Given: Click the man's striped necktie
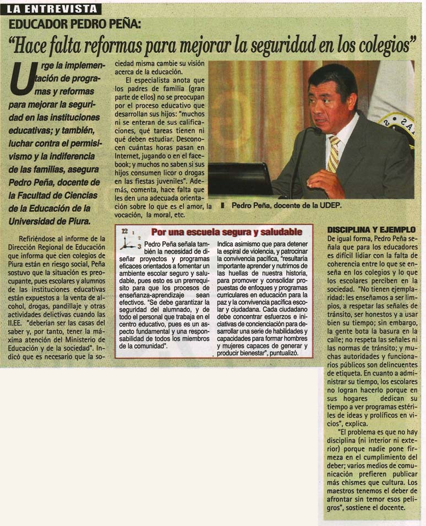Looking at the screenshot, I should click(x=334, y=154).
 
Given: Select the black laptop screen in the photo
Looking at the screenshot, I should click(x=240, y=179).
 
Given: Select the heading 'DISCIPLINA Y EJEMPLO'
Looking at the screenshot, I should click(x=372, y=229).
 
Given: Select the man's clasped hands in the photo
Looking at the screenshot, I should click(x=325, y=184).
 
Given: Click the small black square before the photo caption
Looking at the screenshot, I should click(x=223, y=206).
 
